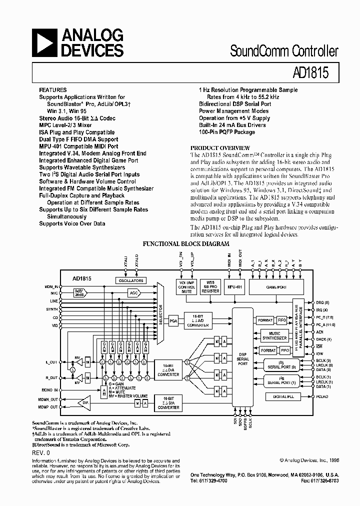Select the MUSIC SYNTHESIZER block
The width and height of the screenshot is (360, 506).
[x=274, y=335]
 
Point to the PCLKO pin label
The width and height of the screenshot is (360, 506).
[x=322, y=396]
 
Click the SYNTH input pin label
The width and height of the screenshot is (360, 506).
[x=52, y=309]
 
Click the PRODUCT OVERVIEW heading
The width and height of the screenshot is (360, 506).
[x=220, y=148]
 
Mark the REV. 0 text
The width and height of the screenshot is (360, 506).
[x=41, y=452]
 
